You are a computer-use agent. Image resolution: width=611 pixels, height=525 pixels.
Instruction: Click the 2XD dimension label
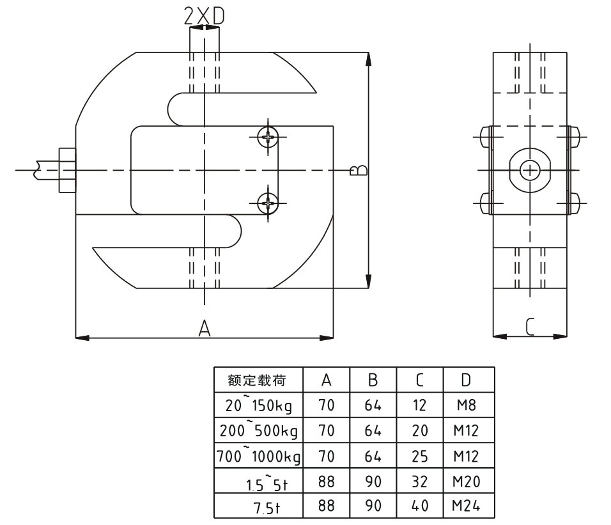tap(204, 17)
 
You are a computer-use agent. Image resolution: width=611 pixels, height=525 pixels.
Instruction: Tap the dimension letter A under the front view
tap(204, 328)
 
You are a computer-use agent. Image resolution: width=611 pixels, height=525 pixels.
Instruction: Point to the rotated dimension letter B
tap(358, 170)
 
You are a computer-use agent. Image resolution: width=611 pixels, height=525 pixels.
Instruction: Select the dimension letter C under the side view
tap(530, 327)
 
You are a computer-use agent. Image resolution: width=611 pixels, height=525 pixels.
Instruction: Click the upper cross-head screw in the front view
tap(268, 137)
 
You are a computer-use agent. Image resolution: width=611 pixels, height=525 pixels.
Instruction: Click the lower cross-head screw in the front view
tap(268, 203)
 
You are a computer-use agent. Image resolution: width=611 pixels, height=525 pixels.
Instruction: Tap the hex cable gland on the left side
tap(67, 170)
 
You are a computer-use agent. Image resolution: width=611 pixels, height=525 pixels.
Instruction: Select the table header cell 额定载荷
tap(257, 380)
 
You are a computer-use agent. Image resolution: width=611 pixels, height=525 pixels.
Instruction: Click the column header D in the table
tap(466, 380)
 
